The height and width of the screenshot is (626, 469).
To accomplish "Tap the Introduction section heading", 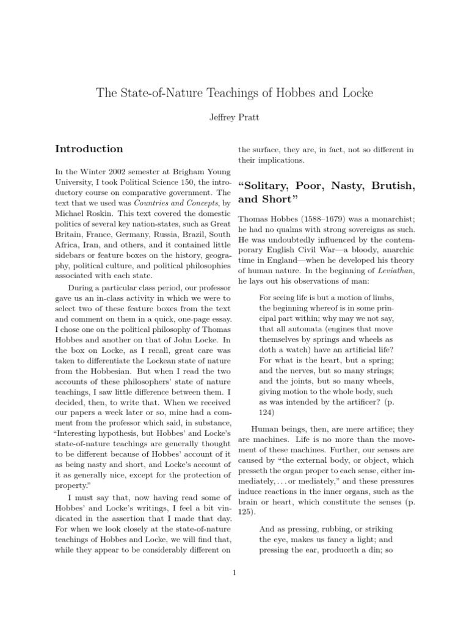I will pyautogui.click(x=89, y=149).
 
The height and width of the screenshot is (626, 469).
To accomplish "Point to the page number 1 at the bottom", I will pyautogui.click(x=234, y=572).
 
